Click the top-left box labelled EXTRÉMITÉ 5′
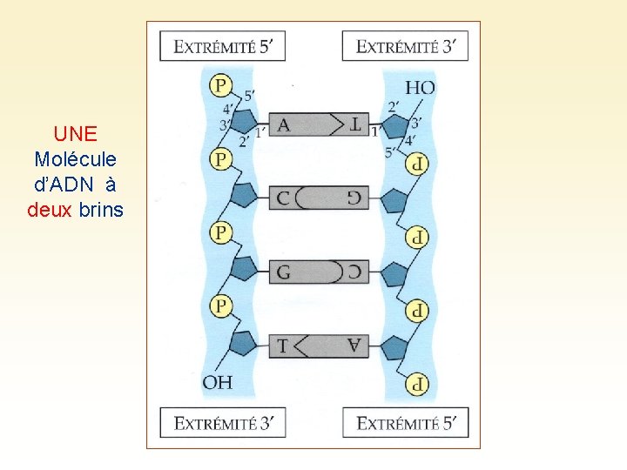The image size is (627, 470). (x=222, y=46)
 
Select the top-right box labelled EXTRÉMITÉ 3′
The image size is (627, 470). (x=405, y=46)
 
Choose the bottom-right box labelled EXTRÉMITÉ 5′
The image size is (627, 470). (x=407, y=423)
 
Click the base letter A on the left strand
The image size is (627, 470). (x=283, y=125)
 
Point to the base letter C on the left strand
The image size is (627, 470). (x=283, y=198)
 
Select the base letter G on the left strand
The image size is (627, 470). (x=283, y=272)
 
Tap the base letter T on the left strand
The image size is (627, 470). (x=282, y=346)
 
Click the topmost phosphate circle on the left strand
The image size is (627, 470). (x=221, y=85)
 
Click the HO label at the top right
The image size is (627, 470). (x=420, y=87)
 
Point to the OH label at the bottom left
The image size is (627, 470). (x=218, y=381)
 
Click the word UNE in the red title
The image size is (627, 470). (x=75, y=134)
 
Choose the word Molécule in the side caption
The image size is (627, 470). (x=75, y=159)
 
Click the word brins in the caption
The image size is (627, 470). (x=101, y=210)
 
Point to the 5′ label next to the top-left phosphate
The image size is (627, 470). (x=249, y=95)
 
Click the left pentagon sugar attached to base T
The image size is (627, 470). (x=243, y=343)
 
